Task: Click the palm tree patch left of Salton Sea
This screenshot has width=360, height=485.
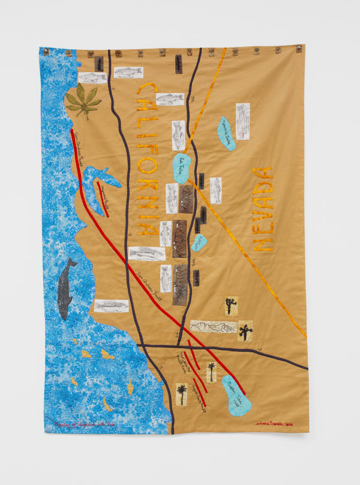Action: coord(211,372)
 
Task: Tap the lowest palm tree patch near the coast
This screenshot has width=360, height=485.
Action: coord(181,394)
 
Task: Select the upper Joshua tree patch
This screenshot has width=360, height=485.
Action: coord(230,306)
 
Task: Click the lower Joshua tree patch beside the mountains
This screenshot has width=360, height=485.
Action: coord(245,331)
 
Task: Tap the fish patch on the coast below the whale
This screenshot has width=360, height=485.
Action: coord(111,306)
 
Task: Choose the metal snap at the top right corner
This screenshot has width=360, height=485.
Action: coord(296,52)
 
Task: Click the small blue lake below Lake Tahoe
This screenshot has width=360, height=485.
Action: coord(199,241)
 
